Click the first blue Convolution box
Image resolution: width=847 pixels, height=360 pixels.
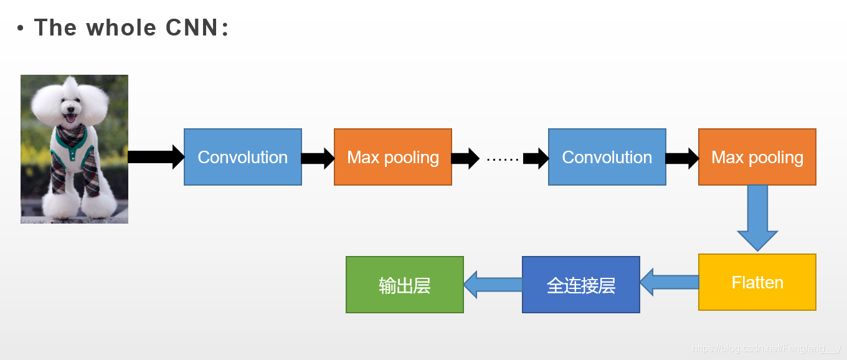243,157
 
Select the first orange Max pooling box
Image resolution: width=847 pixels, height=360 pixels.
393,157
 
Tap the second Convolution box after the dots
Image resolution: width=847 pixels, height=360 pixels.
607,157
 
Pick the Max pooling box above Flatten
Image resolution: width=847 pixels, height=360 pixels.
757,157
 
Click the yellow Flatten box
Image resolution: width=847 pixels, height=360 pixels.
757,282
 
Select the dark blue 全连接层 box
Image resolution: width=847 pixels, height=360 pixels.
581,285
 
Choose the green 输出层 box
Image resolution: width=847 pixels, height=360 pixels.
405,285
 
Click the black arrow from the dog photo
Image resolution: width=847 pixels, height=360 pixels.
156,157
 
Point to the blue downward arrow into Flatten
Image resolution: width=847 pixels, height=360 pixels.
757,218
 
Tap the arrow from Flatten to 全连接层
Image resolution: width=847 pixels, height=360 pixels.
670,283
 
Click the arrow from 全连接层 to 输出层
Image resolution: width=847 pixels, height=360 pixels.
493,285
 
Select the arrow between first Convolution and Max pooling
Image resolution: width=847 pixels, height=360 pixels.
318,158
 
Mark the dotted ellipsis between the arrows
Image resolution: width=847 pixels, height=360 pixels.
503,159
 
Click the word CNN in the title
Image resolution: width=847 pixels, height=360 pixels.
192,27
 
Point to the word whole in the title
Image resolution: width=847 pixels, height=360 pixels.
121,27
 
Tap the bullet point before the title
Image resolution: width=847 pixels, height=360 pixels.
21,28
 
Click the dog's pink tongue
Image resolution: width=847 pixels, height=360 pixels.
71,118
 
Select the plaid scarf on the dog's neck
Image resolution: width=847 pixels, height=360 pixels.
71,135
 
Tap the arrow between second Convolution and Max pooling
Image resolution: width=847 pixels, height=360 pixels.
682,158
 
